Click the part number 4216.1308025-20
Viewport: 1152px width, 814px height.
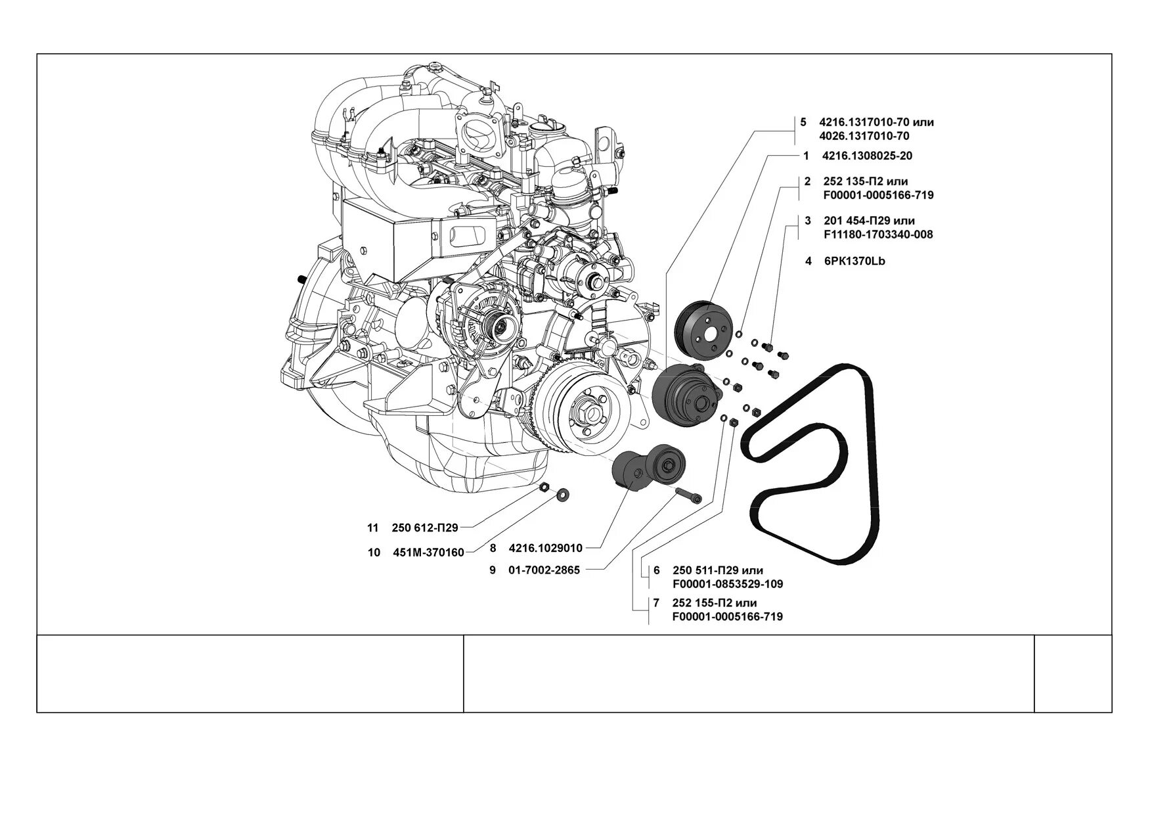coord(867,156)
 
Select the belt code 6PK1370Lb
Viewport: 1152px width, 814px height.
coord(854,261)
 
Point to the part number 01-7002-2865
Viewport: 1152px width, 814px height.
coord(544,570)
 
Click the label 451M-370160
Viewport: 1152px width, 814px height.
coord(428,553)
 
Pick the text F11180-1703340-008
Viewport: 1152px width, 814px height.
coord(877,235)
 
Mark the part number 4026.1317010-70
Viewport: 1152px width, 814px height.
coord(865,136)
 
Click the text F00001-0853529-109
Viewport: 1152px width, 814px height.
coord(728,584)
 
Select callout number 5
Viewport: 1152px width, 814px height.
coord(803,122)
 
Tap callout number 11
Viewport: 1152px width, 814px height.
coord(373,528)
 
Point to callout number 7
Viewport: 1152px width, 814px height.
coord(656,602)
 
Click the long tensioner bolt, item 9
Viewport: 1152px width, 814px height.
coord(688,495)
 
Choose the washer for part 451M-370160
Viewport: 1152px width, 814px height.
coord(563,493)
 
